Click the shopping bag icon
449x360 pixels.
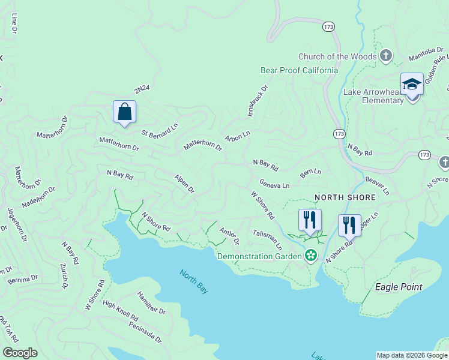point(124,112)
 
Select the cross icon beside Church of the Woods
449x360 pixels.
point(385,56)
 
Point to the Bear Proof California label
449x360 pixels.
point(299,70)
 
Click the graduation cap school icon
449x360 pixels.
point(412,85)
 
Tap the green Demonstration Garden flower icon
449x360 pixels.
point(310,256)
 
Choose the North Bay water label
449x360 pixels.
point(194,281)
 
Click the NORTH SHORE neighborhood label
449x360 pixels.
point(345,197)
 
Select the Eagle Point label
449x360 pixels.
point(399,287)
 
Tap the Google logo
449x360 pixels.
point(20,353)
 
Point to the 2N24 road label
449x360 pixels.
point(142,89)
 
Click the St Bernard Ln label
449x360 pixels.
point(160,129)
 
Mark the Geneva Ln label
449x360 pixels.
point(274,184)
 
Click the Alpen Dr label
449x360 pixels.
point(184,184)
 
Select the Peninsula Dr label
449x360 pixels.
point(145,331)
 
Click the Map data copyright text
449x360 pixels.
point(412,355)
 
